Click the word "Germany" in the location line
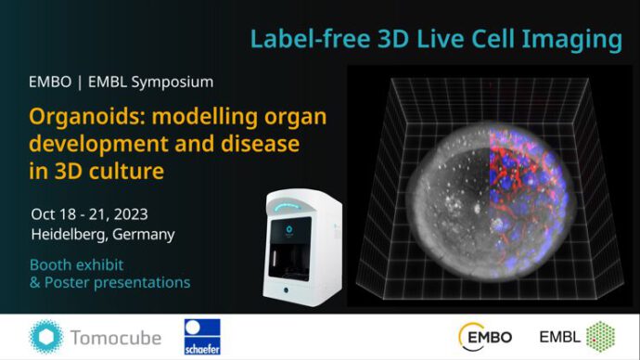(x=143, y=234)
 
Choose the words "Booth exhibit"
(x=75, y=264)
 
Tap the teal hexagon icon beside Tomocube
(x=45, y=337)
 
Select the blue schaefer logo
(x=203, y=337)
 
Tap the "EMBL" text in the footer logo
(x=562, y=337)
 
